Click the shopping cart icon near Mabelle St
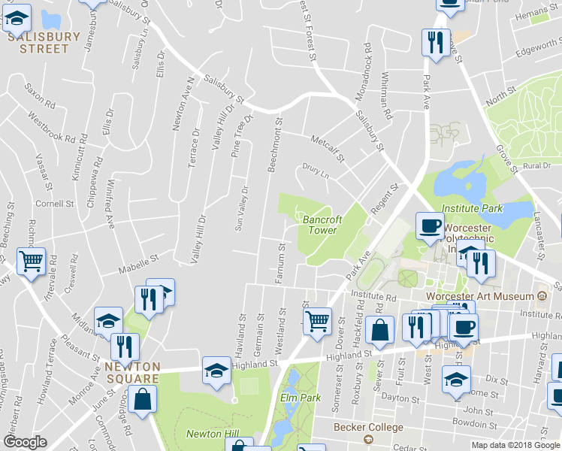click(31, 262)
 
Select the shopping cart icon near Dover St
click(318, 321)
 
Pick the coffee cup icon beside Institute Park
click(431, 225)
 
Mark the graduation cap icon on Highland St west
click(217, 371)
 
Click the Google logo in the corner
click(25, 442)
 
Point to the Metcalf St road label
click(328, 148)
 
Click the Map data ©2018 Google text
click(515, 445)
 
